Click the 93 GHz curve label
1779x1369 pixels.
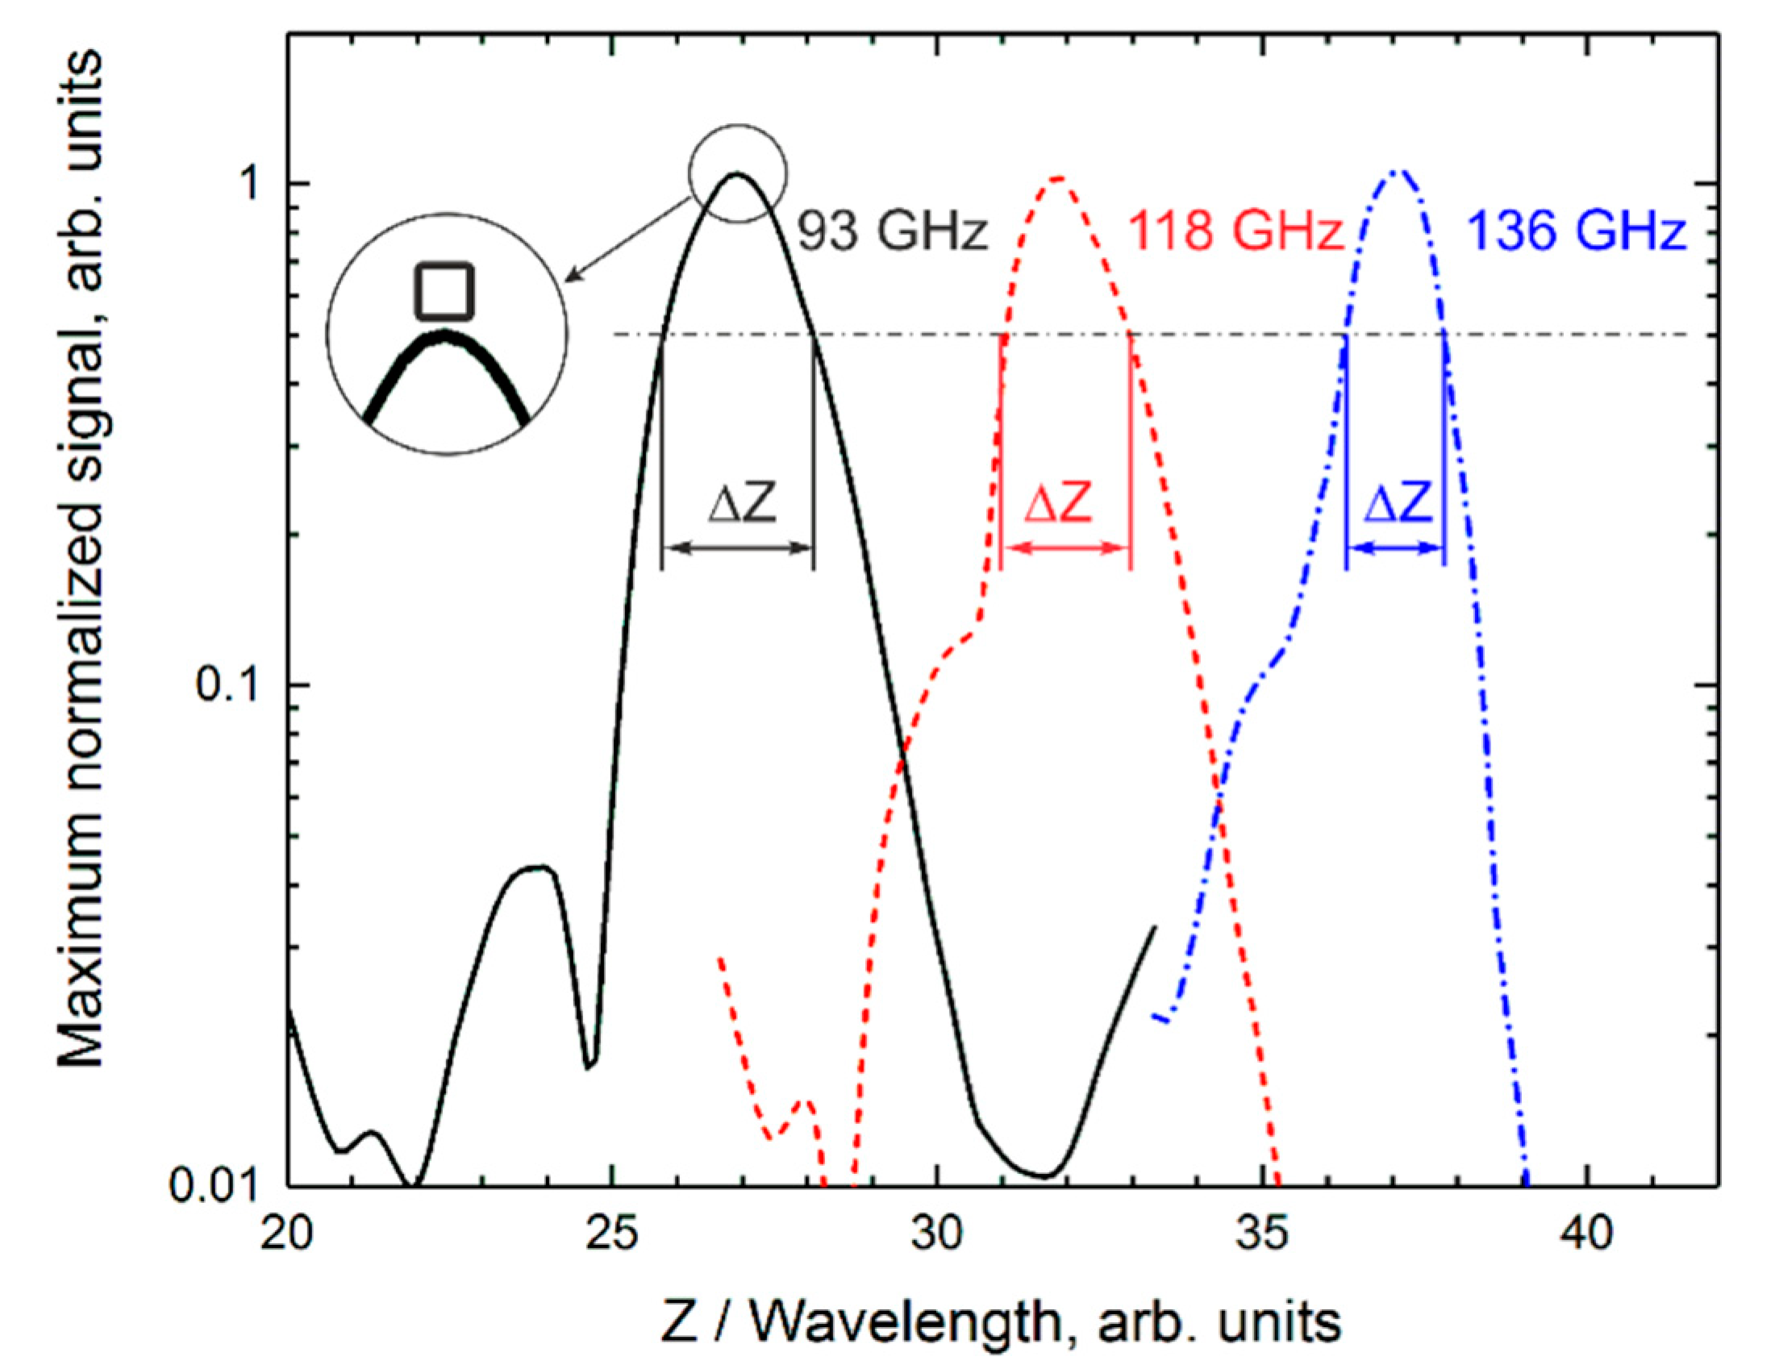892,232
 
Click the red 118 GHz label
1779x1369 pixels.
1234,232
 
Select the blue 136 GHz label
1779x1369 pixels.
1576,232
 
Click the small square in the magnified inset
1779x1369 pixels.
444,291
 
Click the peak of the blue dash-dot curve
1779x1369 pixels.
1398,172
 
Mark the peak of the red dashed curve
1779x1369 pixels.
1057,177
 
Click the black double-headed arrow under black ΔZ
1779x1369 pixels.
737,549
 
